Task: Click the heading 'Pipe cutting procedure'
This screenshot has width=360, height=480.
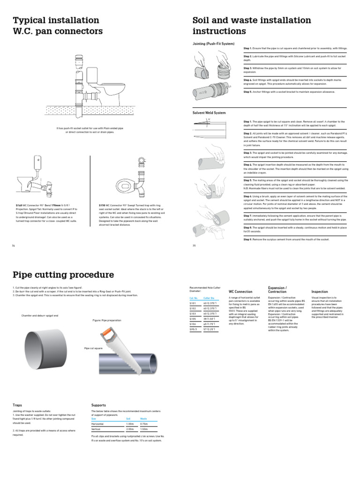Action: coord(63,274)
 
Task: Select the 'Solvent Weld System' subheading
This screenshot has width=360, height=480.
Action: coord(209,113)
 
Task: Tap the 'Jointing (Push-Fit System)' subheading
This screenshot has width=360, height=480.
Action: coord(214,43)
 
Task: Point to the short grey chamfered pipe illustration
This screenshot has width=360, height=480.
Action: coord(45,346)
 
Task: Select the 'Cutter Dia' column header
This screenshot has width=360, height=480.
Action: coord(209,298)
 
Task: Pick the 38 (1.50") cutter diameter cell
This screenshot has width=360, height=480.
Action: coord(210,319)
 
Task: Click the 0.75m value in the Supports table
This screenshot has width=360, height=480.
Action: coord(144,423)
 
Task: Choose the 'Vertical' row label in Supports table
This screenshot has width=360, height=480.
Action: coord(96,428)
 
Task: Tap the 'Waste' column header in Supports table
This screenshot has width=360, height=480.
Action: coord(144,418)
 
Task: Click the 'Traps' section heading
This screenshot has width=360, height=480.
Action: coord(17,405)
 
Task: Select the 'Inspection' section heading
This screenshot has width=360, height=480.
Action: coord(320,292)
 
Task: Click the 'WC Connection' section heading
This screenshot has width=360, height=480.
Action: coord(240,292)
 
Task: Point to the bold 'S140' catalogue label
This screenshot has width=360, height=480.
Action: coord(19,205)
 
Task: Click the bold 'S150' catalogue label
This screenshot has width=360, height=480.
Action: coord(102,205)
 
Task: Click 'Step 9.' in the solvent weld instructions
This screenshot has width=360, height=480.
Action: coord(247,240)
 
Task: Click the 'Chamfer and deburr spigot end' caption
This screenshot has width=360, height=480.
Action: coord(40,315)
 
